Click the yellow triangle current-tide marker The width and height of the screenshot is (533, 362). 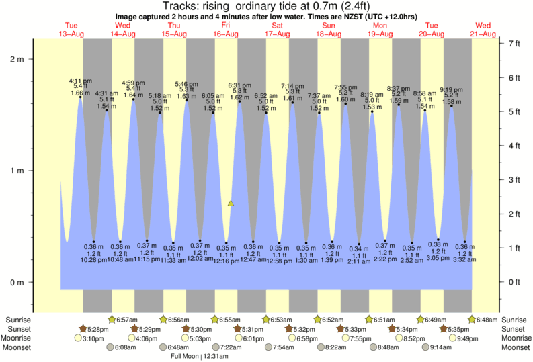pos(231,203)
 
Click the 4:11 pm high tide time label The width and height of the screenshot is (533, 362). pos(81,81)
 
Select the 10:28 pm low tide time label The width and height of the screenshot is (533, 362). pos(93,260)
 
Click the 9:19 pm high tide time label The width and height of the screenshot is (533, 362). pos(451,89)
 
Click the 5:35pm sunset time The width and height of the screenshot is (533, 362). pos(457,329)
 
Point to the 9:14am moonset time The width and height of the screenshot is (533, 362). pos(440,348)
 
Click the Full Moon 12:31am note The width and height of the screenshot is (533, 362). pos(199,357)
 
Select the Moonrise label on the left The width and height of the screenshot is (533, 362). pos(22,338)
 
